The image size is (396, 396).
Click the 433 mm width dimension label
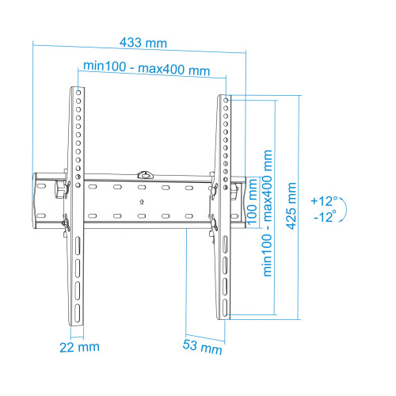tap(143, 43)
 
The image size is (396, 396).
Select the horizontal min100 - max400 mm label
tap(147, 68)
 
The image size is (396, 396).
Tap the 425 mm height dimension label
tap(291, 206)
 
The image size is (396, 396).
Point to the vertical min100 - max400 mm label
tap(268, 213)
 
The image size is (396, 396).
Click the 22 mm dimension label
tap(79, 347)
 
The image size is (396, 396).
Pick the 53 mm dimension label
tap(202, 347)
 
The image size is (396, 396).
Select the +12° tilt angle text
tap(324, 201)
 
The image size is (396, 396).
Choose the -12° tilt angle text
tap(325, 217)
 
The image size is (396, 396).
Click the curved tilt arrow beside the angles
tap(345, 209)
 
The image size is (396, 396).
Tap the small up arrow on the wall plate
tap(142, 202)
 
